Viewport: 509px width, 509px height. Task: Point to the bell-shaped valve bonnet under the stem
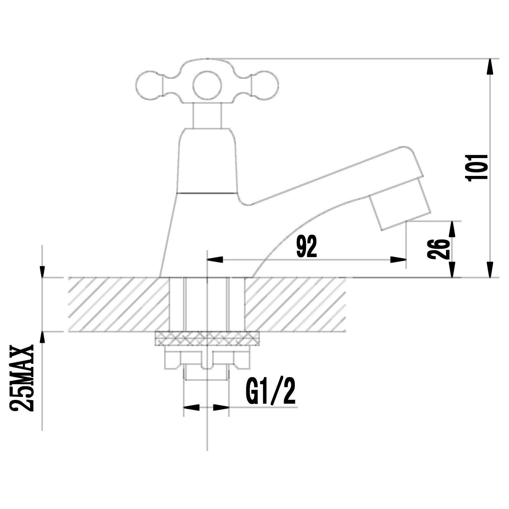coord(207,161)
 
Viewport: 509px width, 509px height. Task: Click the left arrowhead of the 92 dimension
coord(215,260)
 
